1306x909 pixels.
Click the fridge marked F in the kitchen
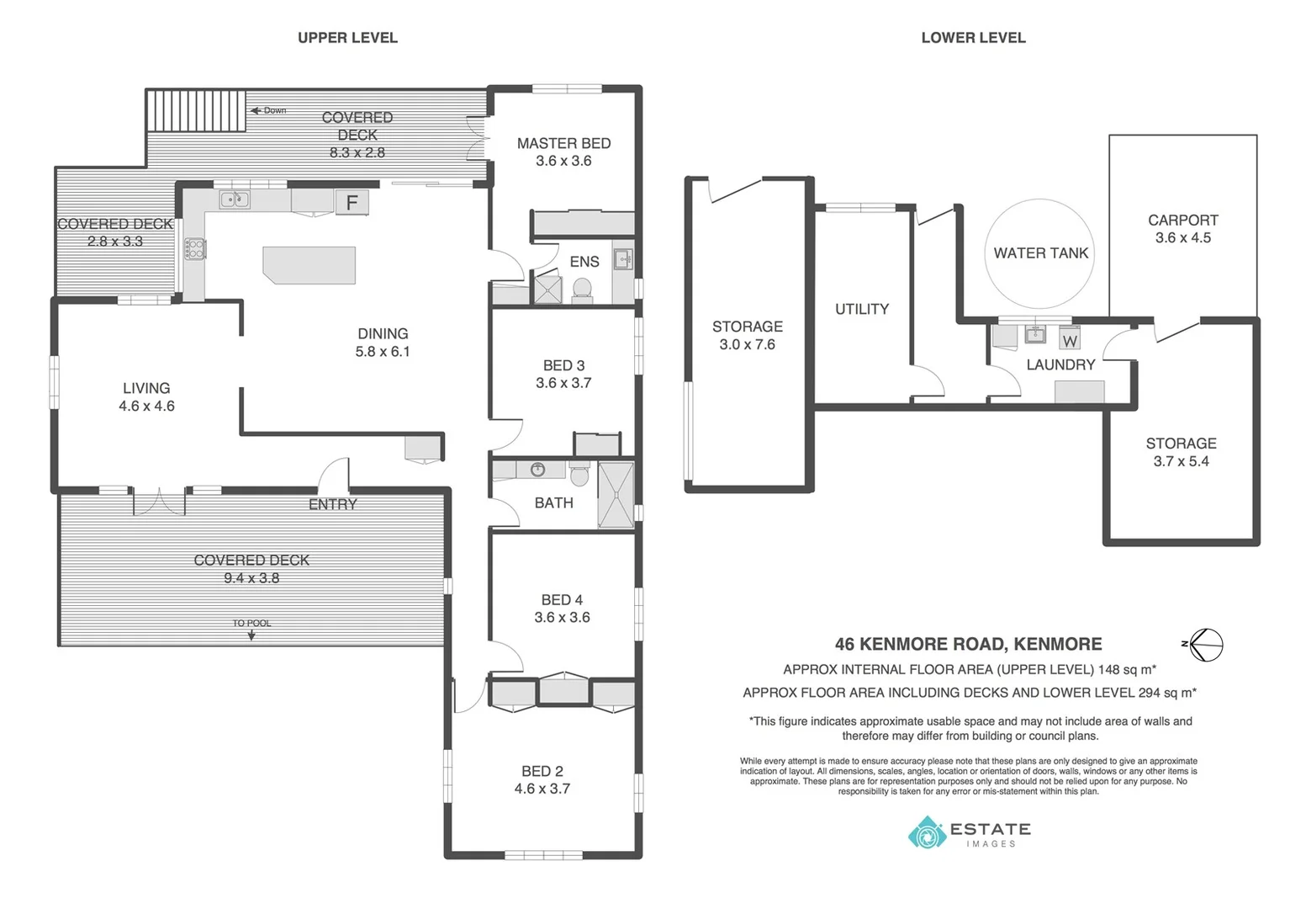tap(352, 202)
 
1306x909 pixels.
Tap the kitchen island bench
tap(309, 264)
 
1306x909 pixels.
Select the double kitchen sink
tap(234, 199)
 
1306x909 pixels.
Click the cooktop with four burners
tap(194, 248)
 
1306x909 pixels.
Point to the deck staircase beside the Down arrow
tap(196, 110)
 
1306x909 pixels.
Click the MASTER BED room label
tap(563, 144)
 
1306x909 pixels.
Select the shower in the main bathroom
tap(616, 495)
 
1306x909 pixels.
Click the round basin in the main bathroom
tap(537, 470)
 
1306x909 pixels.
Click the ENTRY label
tap(333, 505)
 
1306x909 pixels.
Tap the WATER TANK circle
tap(1040, 253)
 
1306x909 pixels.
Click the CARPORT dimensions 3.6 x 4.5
tap(1182, 238)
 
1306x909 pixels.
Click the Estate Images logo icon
tap(928, 833)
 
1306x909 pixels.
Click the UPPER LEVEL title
tap(347, 38)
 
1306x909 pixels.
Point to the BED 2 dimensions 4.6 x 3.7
tap(542, 789)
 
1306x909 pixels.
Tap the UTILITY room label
tap(861, 310)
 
